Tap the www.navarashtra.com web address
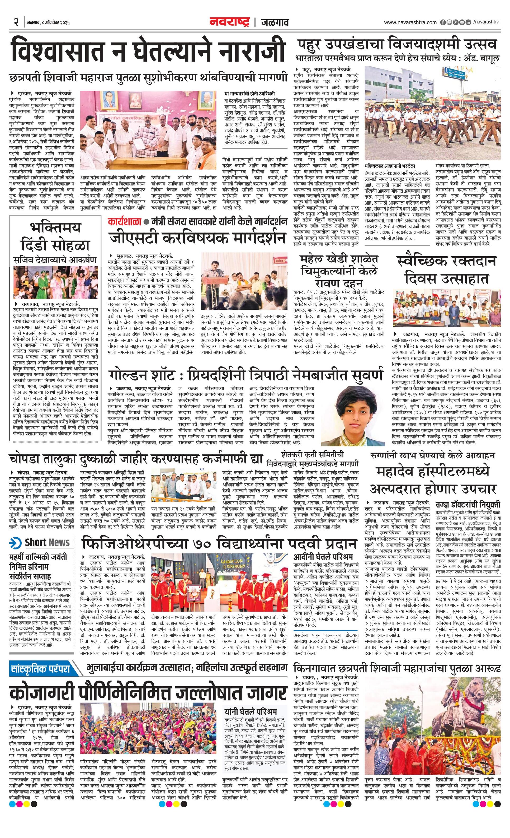(x=410, y=22)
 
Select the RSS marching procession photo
(x=432, y=112)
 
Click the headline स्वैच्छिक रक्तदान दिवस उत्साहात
(x=446, y=270)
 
